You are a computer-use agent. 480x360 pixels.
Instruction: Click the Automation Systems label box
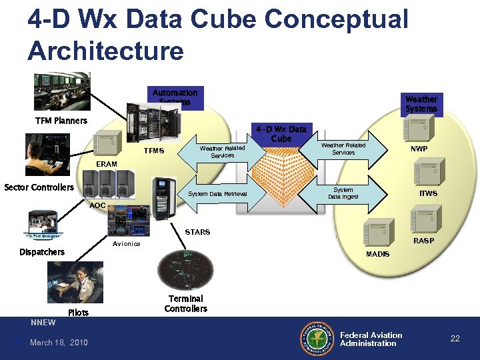pos(175,97)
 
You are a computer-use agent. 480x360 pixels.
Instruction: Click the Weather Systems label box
pos(421,103)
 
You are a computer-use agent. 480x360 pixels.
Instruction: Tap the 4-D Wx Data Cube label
pos(281,133)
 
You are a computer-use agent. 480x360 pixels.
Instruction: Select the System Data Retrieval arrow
pos(217,194)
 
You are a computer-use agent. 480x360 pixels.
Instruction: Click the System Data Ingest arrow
pos(346,193)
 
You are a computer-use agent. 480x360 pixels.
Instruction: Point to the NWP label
pos(419,149)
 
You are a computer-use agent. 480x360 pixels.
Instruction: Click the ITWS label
pos(428,193)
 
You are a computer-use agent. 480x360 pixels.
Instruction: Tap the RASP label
pos(423,241)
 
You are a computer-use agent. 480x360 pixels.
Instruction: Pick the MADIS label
pos(377,255)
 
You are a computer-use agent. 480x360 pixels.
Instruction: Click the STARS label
pos(197,232)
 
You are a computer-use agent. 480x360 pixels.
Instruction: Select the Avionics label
pos(126,243)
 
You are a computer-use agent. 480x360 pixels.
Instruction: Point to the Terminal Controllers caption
pos(186,303)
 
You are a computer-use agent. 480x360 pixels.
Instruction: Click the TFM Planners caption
pos(61,121)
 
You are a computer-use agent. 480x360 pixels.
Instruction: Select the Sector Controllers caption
pos(39,187)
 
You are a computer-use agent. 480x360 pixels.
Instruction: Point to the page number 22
pos(455,339)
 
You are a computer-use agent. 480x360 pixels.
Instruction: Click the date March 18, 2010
pos(59,343)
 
